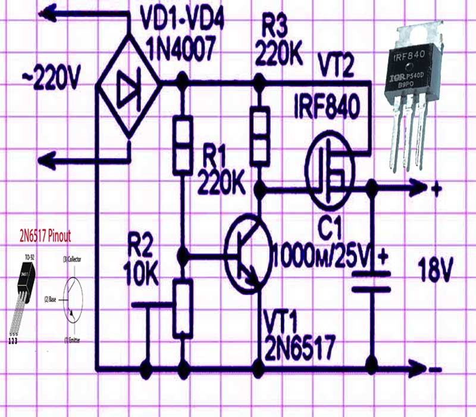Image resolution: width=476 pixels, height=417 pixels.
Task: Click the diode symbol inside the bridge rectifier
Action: coord(127,89)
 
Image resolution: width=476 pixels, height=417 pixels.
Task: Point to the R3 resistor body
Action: coord(259,135)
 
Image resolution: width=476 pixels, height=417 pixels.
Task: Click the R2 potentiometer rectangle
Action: coord(183,309)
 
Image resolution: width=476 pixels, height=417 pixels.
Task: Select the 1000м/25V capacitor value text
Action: coord(321,254)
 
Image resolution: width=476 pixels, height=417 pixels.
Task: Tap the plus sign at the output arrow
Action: coord(436,190)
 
